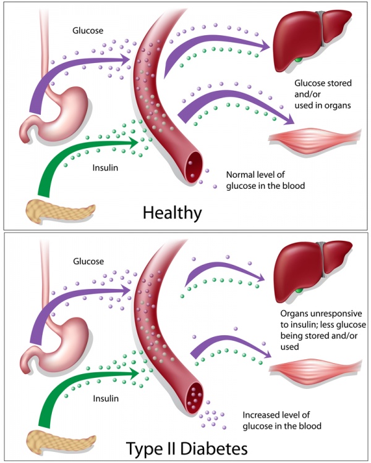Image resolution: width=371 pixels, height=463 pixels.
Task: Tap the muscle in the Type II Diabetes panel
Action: (315, 369)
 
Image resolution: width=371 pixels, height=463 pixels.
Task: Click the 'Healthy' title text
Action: (172, 213)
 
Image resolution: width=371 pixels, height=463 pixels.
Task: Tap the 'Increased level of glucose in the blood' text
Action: (273, 420)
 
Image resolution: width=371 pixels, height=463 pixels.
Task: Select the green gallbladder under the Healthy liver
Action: (300, 59)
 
